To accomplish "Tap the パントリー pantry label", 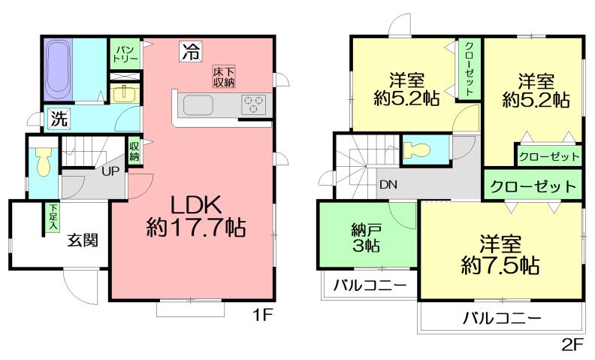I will [x=123, y=52].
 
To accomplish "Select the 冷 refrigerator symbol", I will [x=190, y=52].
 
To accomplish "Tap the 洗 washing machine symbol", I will [x=59, y=119].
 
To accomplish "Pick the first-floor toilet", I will [x=42, y=161].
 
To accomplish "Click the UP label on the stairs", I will [x=110, y=170].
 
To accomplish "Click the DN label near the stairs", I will [x=388, y=184].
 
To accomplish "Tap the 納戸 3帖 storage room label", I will [x=364, y=237].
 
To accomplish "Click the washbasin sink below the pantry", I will [x=124, y=95].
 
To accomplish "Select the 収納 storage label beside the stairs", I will [x=134, y=151].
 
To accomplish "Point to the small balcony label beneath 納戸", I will [x=370, y=286].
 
